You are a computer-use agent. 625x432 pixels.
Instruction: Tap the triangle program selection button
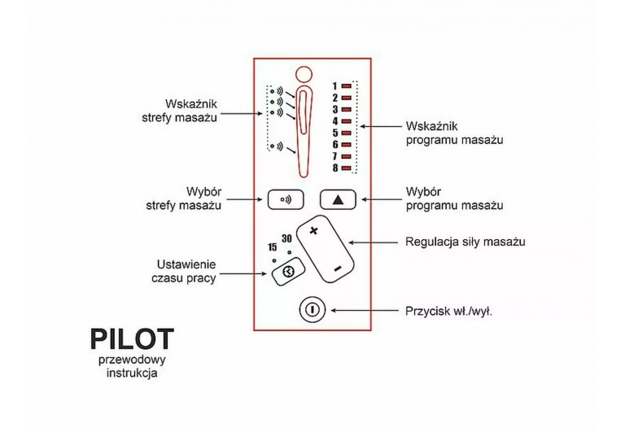click(338, 198)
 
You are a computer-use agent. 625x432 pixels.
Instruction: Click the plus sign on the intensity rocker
click(313, 231)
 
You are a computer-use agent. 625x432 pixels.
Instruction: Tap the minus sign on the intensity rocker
click(337, 268)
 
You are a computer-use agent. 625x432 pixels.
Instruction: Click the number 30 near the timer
click(286, 238)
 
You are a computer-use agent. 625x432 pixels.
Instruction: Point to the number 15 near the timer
click(273, 247)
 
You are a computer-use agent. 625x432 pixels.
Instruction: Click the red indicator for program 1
click(346, 85)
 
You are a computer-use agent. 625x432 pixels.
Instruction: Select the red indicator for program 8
click(346, 168)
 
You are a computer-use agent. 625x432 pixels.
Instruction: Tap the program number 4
click(334, 120)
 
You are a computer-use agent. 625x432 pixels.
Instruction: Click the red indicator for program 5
click(346, 133)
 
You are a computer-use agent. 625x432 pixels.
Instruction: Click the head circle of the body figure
click(304, 74)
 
